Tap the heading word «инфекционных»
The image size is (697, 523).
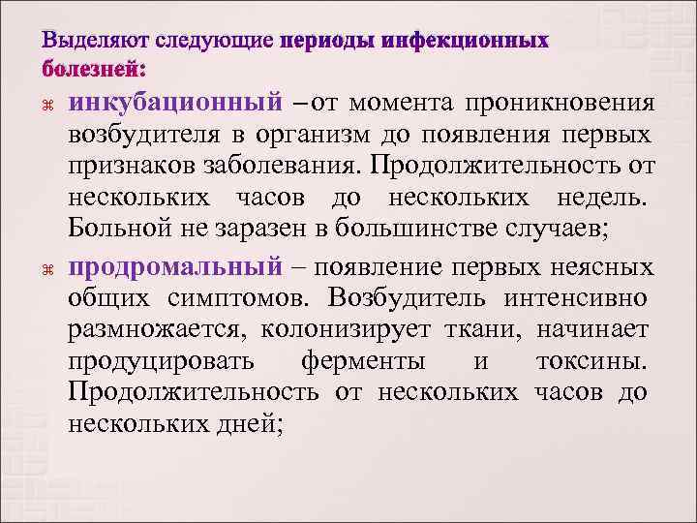coord(465,44)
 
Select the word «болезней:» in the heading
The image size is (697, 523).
coord(94,69)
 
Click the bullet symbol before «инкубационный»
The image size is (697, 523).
coord(50,103)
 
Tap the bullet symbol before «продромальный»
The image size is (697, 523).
coord(50,267)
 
